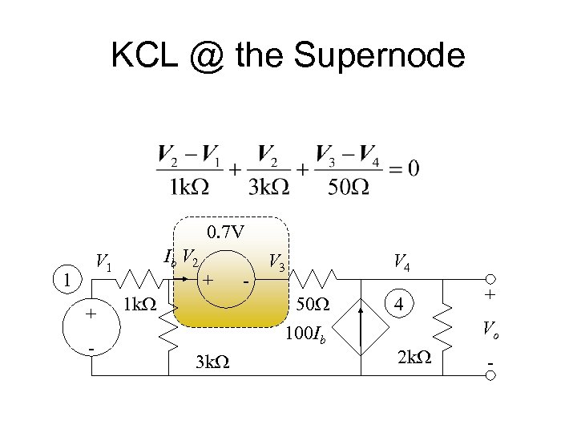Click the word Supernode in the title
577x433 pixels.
[380, 56]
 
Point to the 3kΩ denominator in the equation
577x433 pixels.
[268, 187]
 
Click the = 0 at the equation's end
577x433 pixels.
[402, 168]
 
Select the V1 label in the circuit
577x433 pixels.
[103, 261]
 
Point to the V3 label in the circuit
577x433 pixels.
[277, 261]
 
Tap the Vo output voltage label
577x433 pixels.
[490, 328]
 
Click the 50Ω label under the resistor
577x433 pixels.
[312, 306]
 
